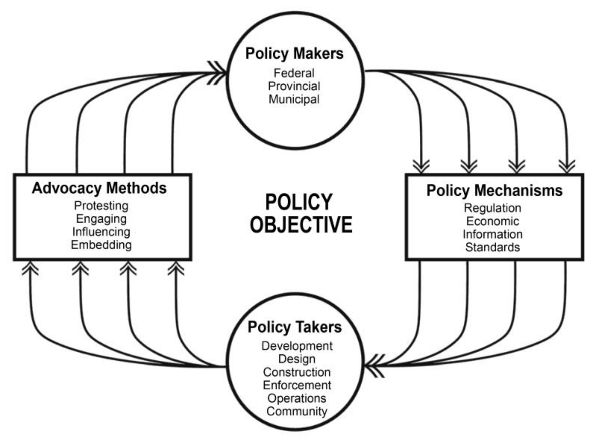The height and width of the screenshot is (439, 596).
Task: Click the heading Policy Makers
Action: point(294,54)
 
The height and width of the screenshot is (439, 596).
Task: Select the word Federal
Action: point(294,73)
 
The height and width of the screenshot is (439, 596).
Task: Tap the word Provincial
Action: point(294,86)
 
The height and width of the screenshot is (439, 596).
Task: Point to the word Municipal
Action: point(294,99)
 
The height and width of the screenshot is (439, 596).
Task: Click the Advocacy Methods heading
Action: point(99,188)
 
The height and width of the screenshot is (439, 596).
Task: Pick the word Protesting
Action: point(101,206)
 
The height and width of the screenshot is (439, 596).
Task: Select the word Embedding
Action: point(101,245)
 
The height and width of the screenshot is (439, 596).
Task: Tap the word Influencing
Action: point(101,232)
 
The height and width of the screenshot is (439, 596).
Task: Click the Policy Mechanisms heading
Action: point(494,190)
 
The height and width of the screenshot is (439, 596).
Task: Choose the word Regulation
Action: point(492,208)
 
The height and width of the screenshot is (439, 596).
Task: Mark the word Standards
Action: point(492,247)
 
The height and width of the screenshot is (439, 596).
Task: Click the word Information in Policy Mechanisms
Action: point(492,234)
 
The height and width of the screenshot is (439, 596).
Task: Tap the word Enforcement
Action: point(297,385)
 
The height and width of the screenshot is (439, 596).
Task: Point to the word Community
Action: point(297,411)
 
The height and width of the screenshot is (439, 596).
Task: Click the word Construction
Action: point(297,372)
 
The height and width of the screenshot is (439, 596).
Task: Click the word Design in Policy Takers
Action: point(297,359)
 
